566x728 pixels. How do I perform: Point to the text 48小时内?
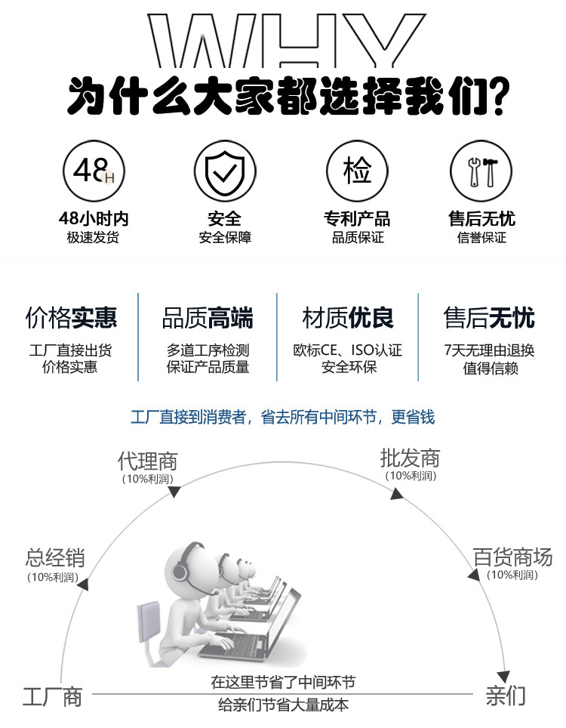pos(94,219)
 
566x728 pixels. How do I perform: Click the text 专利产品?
pos(357,219)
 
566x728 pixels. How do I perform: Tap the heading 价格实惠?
pos(72,318)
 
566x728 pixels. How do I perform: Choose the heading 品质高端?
pos(208,318)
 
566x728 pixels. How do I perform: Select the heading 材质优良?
pos(348,318)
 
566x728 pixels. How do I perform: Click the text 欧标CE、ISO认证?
pos(348,350)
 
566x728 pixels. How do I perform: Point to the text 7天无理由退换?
pos(490,350)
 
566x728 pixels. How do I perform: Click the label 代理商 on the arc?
pos(147,461)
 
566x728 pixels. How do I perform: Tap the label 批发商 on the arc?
pos(410,458)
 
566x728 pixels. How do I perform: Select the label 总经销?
pos(54,559)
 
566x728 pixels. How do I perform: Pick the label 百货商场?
pos(512,557)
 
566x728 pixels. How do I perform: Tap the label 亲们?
pos(506,695)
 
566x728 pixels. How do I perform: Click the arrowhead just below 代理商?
pos(174,492)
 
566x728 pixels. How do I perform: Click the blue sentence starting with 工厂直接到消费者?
pos(282,417)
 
